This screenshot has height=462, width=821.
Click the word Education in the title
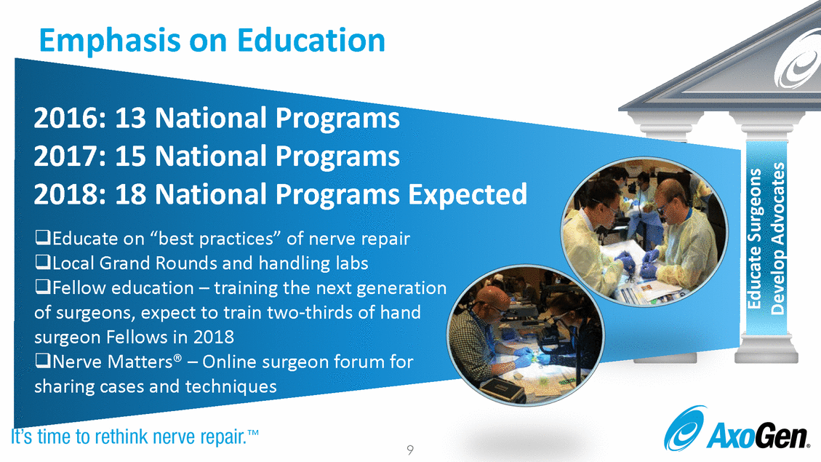(x=311, y=40)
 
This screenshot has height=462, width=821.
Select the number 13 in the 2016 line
(x=130, y=118)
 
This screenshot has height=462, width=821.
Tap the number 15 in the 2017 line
(x=130, y=156)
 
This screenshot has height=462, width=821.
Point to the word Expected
(x=467, y=195)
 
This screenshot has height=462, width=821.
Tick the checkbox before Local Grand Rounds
(x=42, y=262)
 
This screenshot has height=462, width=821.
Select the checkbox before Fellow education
(x=42, y=287)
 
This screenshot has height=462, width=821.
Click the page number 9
(x=410, y=450)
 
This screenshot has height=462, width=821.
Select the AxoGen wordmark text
(x=757, y=437)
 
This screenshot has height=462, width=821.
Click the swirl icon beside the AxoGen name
(x=685, y=428)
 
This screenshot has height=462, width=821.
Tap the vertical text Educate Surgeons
(x=754, y=239)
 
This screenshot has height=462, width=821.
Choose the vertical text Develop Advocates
(x=777, y=239)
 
